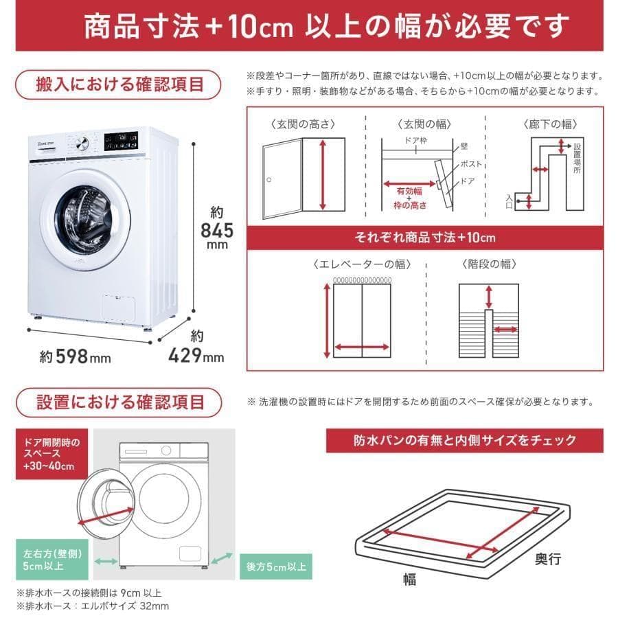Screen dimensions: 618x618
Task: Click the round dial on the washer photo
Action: pos(82,144)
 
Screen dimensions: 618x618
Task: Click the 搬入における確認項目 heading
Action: pos(119,85)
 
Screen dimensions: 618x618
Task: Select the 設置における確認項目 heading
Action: pos(119,402)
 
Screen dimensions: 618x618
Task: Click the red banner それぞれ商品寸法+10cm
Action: pos(425,238)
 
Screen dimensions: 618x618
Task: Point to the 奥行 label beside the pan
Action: pos(548,559)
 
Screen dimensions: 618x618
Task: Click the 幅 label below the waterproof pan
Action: pos(409,579)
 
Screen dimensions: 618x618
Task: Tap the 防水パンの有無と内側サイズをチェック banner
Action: pos(465,440)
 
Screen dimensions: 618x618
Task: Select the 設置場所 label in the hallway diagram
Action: pos(577,159)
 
